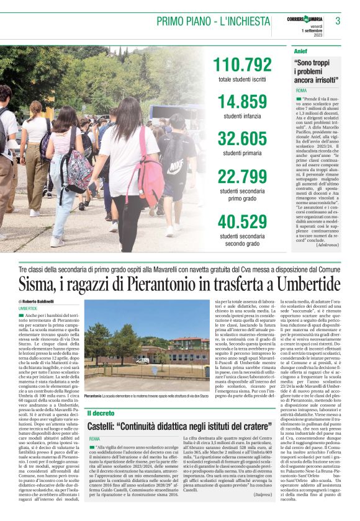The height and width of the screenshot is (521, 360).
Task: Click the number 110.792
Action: coord(242,65)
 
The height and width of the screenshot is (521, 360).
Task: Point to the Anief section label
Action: coord(300,50)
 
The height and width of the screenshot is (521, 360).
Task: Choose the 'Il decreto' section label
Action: coord(101,412)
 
